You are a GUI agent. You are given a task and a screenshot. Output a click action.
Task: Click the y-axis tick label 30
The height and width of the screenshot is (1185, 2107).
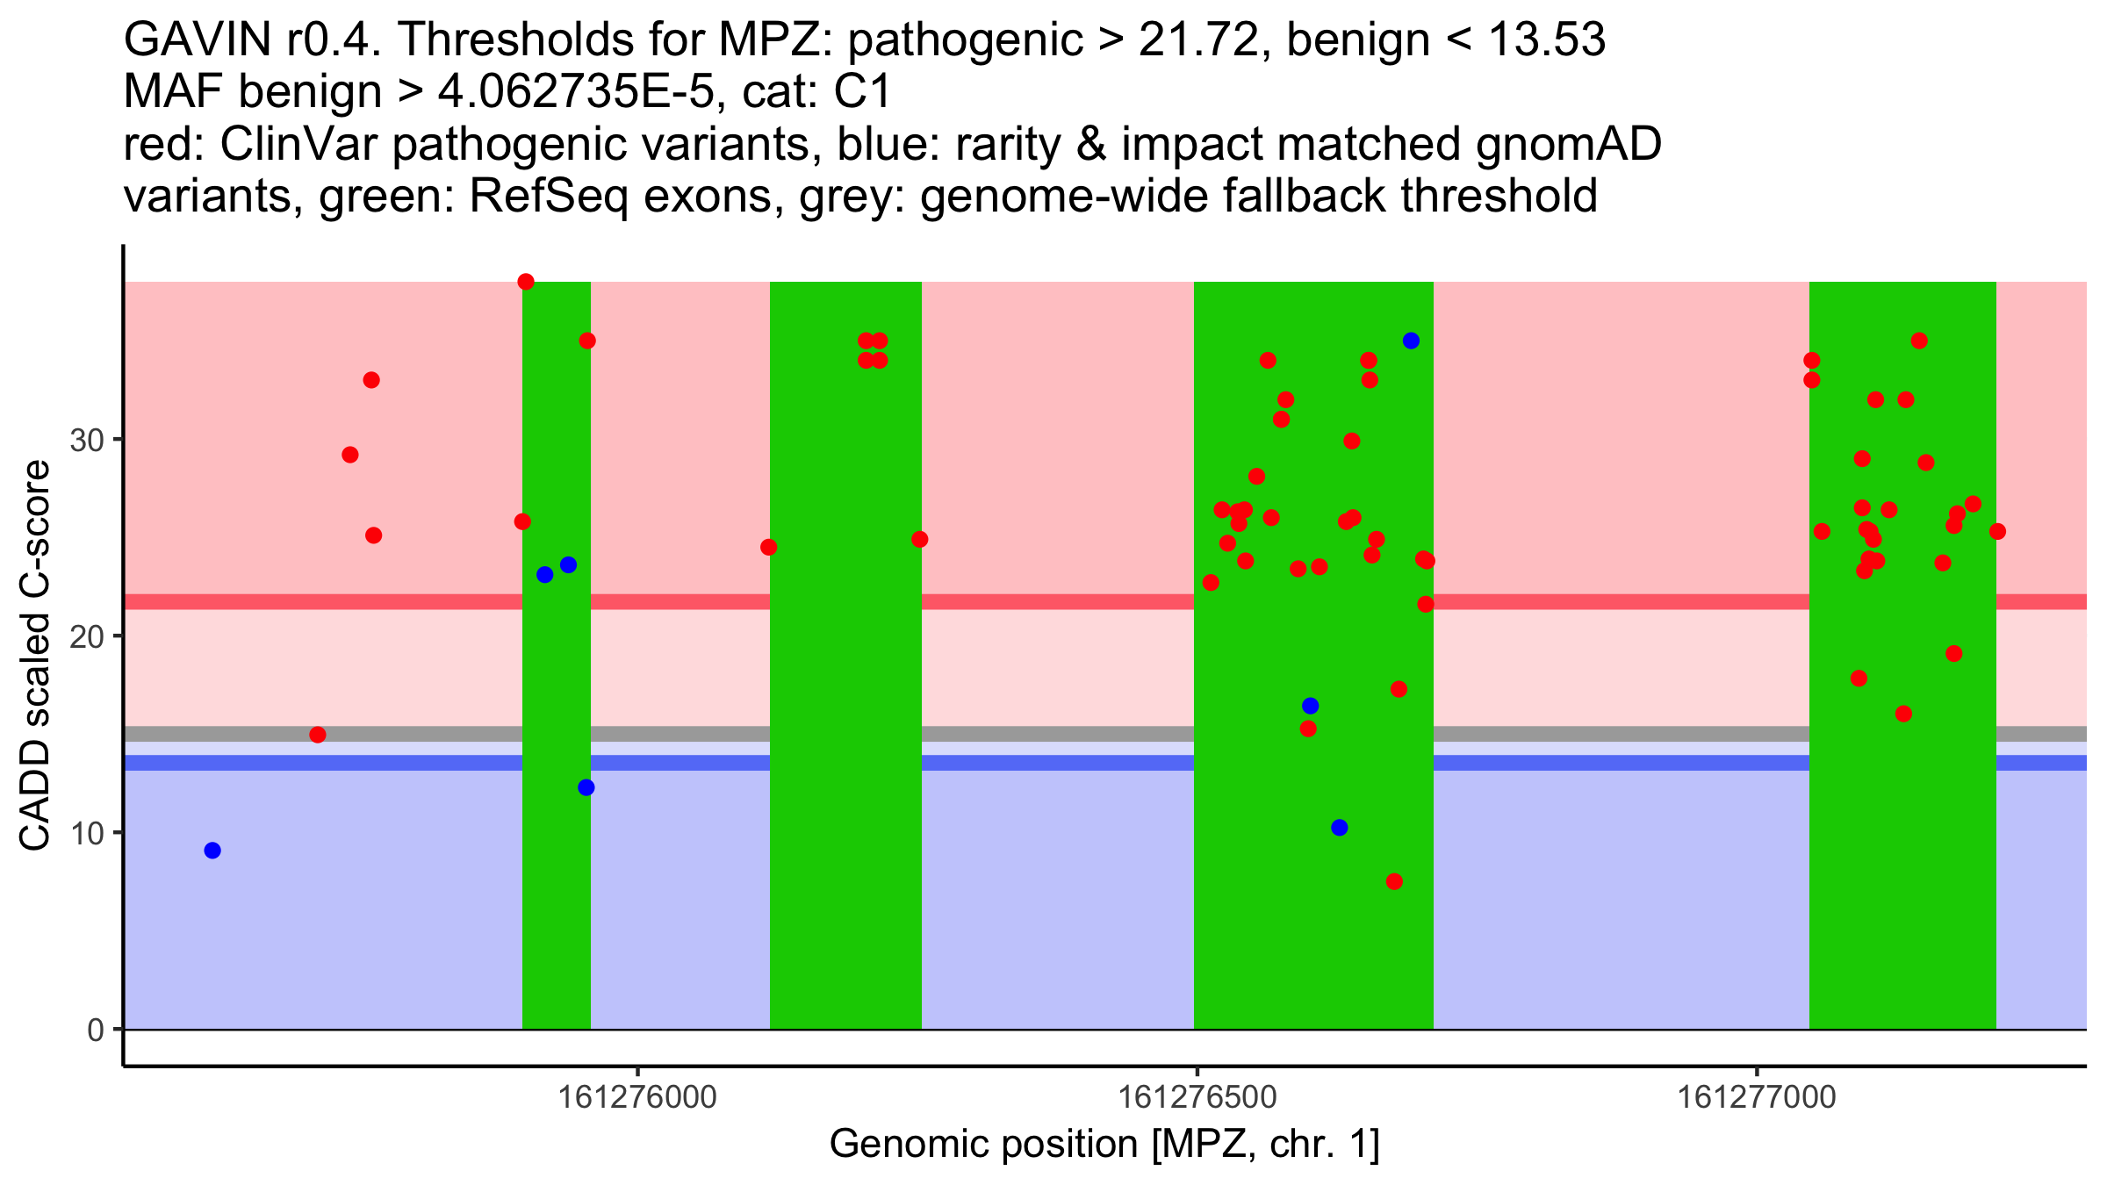[x=87, y=440]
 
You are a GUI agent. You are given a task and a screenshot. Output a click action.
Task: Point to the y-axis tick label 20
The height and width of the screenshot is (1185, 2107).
[x=87, y=636]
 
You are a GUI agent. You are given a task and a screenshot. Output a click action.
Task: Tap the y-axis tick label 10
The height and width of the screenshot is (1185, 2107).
[x=87, y=833]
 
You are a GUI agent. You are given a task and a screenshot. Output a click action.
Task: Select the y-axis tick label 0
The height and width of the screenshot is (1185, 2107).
[x=96, y=1030]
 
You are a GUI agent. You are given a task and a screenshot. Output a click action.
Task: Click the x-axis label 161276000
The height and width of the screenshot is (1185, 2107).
[x=637, y=1098]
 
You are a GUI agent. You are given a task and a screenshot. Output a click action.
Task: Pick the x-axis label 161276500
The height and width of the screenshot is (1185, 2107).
[x=1197, y=1098]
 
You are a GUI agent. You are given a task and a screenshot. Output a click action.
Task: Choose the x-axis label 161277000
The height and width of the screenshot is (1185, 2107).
[x=1757, y=1098]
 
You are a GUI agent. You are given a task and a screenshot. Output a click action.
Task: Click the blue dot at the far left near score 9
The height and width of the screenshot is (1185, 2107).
[x=212, y=851]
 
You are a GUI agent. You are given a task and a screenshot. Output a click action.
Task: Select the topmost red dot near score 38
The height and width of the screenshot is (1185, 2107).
[x=526, y=282]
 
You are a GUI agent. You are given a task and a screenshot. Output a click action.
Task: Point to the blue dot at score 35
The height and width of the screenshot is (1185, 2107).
[x=1411, y=341]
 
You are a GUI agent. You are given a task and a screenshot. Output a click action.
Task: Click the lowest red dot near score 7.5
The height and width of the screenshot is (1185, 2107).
[x=1394, y=881]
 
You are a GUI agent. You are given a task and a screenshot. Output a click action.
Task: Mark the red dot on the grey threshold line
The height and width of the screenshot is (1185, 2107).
[x=318, y=735]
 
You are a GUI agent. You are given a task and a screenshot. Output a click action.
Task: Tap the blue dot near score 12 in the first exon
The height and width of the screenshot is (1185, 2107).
[x=586, y=787]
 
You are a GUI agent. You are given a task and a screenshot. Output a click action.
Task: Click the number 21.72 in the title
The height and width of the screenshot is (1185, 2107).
[x=1199, y=40]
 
